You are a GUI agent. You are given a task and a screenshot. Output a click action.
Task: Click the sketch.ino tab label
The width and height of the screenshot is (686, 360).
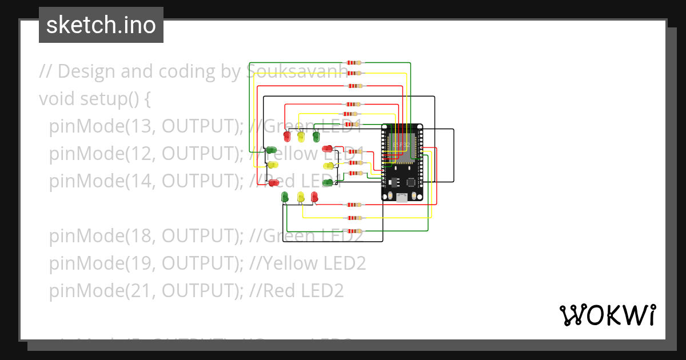click(101, 25)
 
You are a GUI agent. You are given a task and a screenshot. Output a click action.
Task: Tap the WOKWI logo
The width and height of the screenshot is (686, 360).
click(607, 315)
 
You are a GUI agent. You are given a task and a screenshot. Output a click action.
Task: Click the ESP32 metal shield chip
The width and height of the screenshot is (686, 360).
click(401, 143)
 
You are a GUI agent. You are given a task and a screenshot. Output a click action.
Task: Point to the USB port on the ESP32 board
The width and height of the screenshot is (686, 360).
click(402, 198)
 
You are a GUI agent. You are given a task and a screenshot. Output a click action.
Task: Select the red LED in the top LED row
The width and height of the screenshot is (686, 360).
click(287, 136)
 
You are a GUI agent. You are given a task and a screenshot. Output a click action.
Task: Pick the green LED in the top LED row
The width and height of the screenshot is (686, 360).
click(316, 136)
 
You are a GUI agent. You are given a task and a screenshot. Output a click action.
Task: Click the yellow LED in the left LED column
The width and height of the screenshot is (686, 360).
click(273, 165)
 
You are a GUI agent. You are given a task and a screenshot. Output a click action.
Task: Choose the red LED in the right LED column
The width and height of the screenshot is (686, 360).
click(328, 149)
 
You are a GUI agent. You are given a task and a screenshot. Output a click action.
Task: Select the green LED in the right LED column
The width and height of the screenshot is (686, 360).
click(328, 182)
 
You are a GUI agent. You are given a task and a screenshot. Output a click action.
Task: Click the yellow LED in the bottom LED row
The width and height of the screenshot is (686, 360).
click(301, 197)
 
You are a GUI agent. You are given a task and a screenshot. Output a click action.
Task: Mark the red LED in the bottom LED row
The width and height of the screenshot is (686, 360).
click(314, 197)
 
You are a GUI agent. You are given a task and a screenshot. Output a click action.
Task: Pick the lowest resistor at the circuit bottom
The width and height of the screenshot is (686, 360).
click(354, 230)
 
